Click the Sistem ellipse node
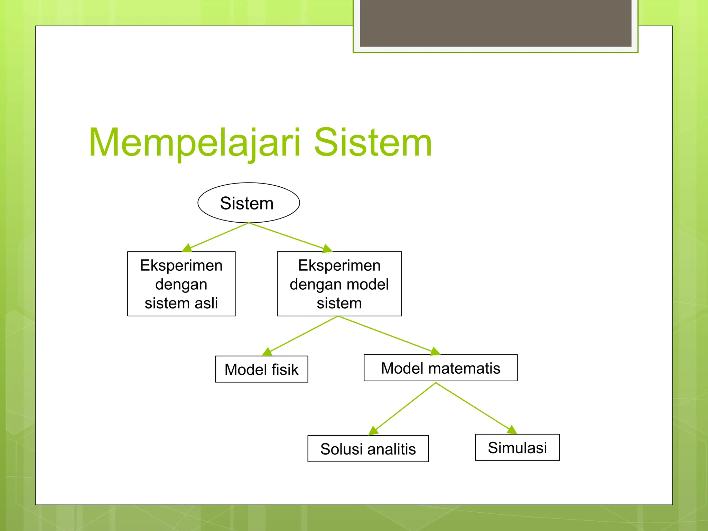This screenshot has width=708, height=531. [249, 203]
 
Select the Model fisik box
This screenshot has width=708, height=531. [261, 369]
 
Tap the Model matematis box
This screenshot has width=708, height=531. [440, 368]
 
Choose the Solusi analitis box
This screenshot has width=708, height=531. [368, 449]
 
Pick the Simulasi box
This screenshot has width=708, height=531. [517, 447]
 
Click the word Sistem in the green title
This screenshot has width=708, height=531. [373, 142]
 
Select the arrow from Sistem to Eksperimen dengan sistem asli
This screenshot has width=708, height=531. [218, 236]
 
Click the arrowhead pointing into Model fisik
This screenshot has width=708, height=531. [267, 352]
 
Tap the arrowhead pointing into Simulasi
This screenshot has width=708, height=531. [512, 430]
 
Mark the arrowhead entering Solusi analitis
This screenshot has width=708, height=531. [373, 431]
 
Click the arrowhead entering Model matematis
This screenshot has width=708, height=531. [436, 352]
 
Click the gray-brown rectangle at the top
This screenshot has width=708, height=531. [495, 23]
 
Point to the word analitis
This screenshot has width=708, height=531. [391, 449]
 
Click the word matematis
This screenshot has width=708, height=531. [464, 368]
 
